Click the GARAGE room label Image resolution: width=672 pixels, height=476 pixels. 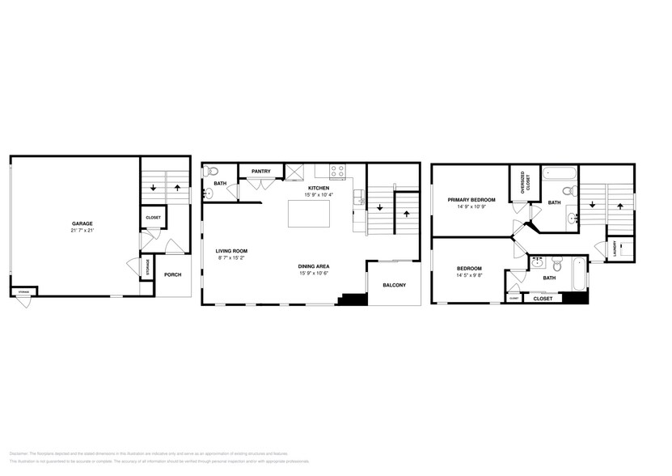click(x=82, y=223)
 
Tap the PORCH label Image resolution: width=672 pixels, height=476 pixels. click(x=172, y=274)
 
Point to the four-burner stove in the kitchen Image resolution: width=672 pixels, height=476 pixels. click(x=338, y=172)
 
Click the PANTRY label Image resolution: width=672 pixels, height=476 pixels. click(x=260, y=172)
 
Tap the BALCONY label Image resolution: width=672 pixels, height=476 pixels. click(x=394, y=285)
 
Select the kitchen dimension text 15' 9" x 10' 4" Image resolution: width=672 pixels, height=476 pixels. click(x=317, y=195)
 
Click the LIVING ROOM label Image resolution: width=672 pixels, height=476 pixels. click(x=230, y=251)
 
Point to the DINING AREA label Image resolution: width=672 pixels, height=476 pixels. click(x=312, y=266)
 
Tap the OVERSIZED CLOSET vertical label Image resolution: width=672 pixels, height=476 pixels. click(x=523, y=182)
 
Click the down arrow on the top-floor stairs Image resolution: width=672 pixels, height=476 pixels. click(x=594, y=205)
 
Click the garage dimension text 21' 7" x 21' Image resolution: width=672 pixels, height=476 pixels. click(x=82, y=231)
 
